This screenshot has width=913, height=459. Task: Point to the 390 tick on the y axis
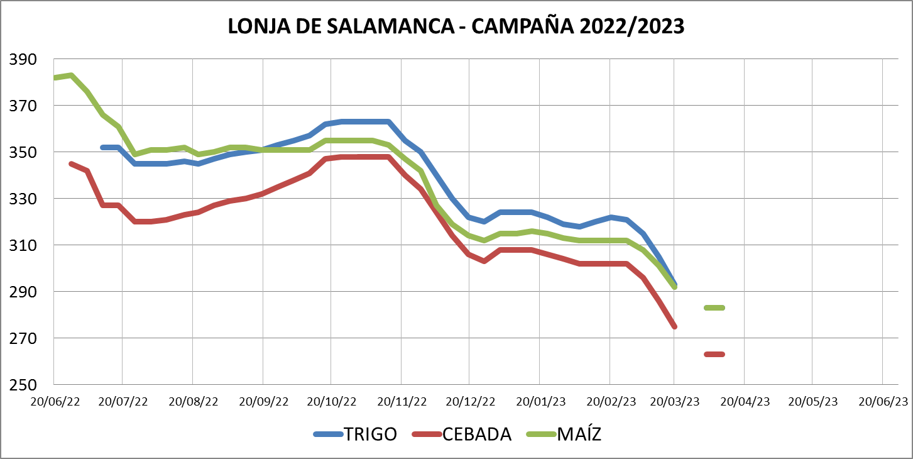click(x=23, y=60)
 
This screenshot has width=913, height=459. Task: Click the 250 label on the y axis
click(x=23, y=385)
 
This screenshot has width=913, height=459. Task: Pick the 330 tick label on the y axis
click(x=23, y=199)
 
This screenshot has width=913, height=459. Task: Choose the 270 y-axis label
click(x=23, y=338)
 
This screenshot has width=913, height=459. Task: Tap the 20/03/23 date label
click(x=674, y=401)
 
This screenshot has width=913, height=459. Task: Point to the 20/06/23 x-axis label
click(x=883, y=401)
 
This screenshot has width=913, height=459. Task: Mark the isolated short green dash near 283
click(x=714, y=307)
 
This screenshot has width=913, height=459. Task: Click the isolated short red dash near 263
click(x=714, y=355)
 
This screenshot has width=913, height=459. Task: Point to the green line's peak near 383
click(x=71, y=75)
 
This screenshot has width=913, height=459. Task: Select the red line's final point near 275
click(x=674, y=326)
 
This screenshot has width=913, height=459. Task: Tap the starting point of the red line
click(x=71, y=163)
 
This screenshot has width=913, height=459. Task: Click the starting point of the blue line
click(x=103, y=147)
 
